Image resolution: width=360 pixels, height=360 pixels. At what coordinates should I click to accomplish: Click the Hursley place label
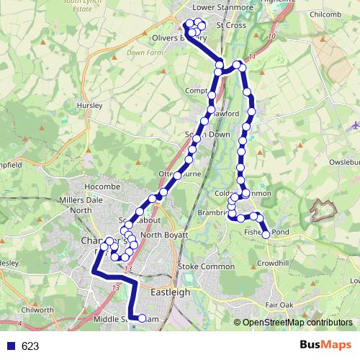click(x=91, y=105)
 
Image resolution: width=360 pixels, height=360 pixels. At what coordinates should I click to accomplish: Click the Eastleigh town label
click(x=171, y=292)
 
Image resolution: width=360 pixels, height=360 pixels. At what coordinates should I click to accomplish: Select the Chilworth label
click(x=38, y=310)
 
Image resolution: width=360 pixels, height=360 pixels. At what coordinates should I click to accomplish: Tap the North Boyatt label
click(x=164, y=235)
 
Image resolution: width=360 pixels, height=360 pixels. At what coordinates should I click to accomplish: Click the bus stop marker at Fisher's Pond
click(x=266, y=235)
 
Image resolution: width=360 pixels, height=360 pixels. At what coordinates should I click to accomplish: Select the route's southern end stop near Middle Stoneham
click(x=142, y=318)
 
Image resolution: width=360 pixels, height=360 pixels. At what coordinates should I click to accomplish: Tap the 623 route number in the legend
click(x=30, y=346)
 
